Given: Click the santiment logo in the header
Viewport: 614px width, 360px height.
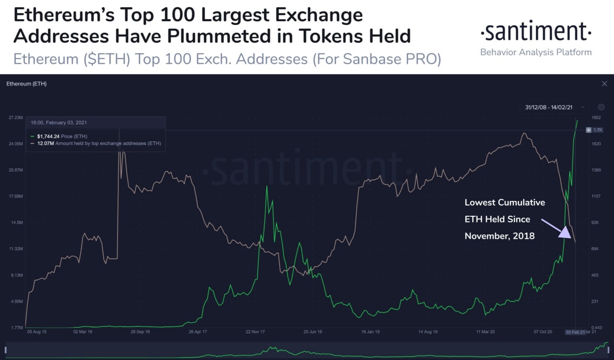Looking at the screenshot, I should pyautogui.click(x=536, y=32).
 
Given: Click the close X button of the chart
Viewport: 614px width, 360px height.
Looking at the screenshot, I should pyautogui.click(x=604, y=84).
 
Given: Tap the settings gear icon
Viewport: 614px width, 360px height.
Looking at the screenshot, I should pyautogui.click(x=601, y=107).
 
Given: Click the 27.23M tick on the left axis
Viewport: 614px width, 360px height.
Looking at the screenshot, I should pyautogui.click(x=16, y=117).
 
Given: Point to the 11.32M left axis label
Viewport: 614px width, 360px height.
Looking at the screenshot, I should pyautogui.click(x=16, y=249).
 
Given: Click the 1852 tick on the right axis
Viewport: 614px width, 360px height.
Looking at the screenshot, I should pyautogui.click(x=596, y=117).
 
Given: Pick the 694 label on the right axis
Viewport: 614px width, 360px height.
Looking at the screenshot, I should pyautogui.click(x=595, y=249).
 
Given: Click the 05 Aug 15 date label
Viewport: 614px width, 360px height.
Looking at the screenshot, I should pyautogui.click(x=37, y=331).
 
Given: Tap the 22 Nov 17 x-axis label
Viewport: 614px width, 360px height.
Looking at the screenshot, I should pyautogui.click(x=256, y=331).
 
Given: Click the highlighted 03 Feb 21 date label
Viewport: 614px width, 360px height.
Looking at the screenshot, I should pyautogui.click(x=574, y=331).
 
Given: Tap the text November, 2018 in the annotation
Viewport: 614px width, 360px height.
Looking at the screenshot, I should pyautogui.click(x=499, y=236).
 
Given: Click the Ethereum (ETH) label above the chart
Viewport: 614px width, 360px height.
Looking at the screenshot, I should pyautogui.click(x=26, y=84).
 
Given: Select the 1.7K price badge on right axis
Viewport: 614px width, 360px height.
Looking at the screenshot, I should pyautogui.click(x=598, y=130).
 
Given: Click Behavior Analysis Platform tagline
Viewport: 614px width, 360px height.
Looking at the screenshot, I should pyautogui.click(x=536, y=52).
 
